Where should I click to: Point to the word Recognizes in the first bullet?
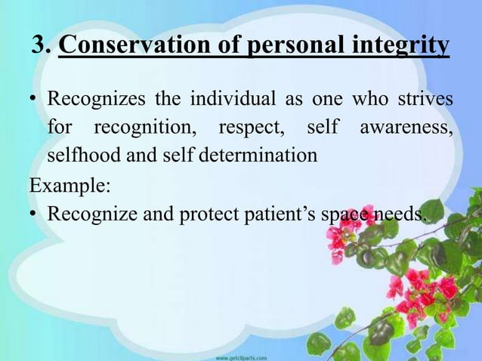(94, 100)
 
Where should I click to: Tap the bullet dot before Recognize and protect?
(33, 216)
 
